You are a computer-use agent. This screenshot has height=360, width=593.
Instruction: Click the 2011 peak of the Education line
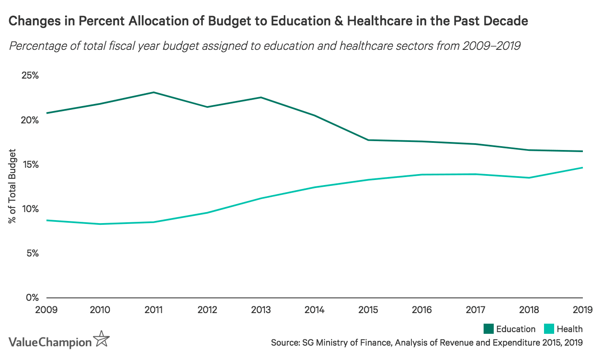click(x=154, y=92)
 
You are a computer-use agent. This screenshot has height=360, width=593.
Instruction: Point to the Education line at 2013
click(x=261, y=98)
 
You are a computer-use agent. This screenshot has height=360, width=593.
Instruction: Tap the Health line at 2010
click(x=100, y=224)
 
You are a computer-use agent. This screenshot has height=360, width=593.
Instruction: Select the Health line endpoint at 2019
click(x=582, y=168)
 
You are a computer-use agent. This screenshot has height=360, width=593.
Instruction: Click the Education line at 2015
click(x=368, y=140)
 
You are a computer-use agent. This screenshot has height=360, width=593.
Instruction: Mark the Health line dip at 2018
click(x=529, y=177)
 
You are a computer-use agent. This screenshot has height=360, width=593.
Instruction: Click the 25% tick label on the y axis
click(x=30, y=76)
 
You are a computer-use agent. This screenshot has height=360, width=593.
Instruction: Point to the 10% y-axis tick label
click(x=30, y=209)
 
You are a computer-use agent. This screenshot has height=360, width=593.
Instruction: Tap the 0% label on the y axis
click(x=32, y=297)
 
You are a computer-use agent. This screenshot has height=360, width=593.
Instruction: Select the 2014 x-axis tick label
click(x=315, y=310)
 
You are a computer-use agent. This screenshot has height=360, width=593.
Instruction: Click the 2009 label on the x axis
click(x=46, y=310)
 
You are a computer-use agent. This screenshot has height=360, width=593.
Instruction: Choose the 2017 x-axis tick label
click(x=475, y=310)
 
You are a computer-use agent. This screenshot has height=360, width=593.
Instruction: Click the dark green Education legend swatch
click(x=488, y=329)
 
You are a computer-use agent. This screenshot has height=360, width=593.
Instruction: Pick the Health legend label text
click(x=569, y=329)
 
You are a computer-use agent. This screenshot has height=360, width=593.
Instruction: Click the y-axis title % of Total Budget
click(x=13, y=186)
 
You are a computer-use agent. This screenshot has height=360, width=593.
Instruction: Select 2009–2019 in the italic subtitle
click(x=491, y=46)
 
